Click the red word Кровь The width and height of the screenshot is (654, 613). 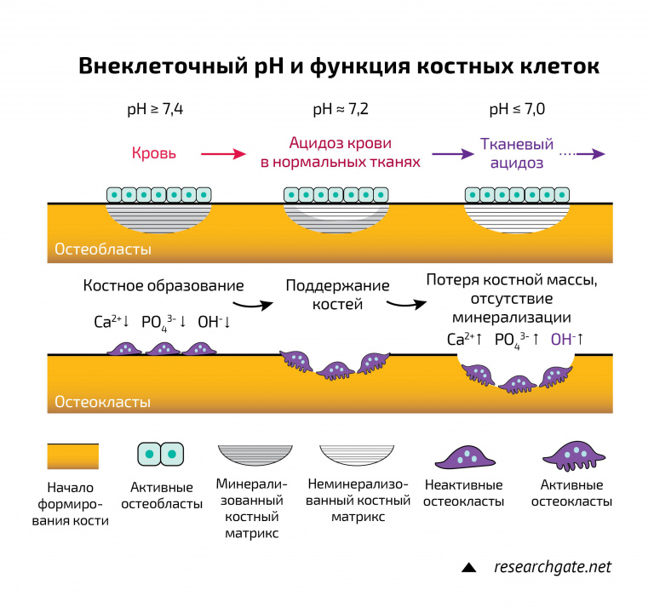click(x=154, y=154)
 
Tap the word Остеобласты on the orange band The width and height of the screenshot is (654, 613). click(x=103, y=249)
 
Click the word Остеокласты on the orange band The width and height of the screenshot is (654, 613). click(x=103, y=401)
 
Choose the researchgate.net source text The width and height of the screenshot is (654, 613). click(x=554, y=566)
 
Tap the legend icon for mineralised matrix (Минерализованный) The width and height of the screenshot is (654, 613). click(x=255, y=455)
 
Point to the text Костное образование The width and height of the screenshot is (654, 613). click(x=163, y=286)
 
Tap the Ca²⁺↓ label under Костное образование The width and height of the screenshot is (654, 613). click(x=112, y=323)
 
